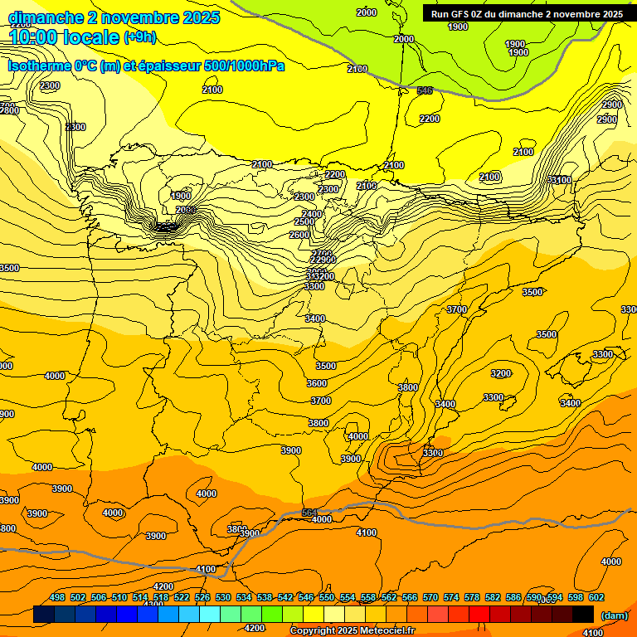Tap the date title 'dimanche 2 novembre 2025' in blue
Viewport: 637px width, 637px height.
[114, 17]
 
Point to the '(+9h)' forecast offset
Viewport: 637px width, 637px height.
[139, 37]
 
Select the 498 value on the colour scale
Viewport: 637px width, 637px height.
[57, 597]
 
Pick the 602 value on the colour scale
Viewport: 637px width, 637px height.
[596, 597]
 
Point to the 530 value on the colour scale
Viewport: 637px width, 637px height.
[223, 597]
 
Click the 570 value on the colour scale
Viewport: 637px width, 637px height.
[430, 597]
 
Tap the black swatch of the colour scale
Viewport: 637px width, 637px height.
[583, 615]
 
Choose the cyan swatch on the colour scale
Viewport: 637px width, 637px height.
[210, 615]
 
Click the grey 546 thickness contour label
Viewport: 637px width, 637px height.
[425, 90]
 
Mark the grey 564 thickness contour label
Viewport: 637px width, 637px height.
[309, 513]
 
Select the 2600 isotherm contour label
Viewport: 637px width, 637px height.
[299, 235]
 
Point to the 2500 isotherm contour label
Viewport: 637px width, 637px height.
[304, 221]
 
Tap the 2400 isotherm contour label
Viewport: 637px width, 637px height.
[312, 214]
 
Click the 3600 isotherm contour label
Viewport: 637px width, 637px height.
[317, 383]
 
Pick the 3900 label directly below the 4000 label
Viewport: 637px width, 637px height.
[351, 459]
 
